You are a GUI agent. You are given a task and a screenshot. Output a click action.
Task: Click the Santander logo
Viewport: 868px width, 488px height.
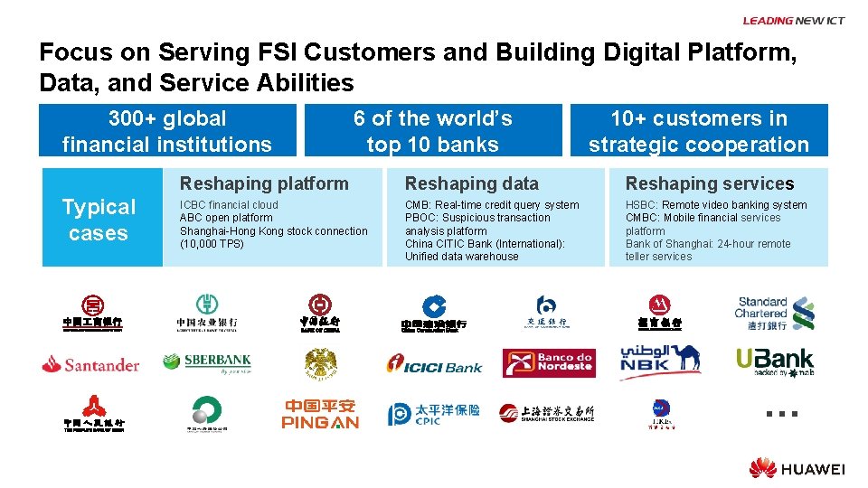pyautogui.click(x=90, y=364)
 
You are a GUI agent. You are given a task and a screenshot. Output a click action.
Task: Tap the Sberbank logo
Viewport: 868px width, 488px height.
pyautogui.click(x=206, y=362)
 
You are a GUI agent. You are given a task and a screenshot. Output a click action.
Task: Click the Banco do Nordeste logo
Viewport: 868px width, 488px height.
pyautogui.click(x=549, y=363)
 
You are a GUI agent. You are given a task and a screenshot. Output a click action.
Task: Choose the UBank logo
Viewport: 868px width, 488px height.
pyautogui.click(x=774, y=362)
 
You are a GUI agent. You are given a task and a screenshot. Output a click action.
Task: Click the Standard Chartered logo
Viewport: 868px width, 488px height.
pyautogui.click(x=774, y=313)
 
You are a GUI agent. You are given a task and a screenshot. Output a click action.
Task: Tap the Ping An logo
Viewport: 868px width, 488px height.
pyautogui.click(x=320, y=414)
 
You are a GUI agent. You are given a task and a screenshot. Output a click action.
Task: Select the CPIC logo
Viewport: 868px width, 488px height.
pyautogui.click(x=434, y=414)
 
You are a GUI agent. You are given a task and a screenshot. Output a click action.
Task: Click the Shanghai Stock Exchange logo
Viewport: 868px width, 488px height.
pyautogui.click(x=547, y=413)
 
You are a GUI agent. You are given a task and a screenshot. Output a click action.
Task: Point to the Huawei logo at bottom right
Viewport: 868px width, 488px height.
pyautogui.click(x=797, y=468)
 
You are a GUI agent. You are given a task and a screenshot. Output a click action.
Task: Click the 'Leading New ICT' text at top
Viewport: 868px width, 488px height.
pyautogui.click(x=793, y=21)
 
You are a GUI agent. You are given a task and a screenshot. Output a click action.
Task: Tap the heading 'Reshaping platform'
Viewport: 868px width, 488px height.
pyautogui.click(x=264, y=183)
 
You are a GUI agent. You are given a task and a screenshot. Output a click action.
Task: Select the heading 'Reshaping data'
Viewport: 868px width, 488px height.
pyautogui.click(x=471, y=183)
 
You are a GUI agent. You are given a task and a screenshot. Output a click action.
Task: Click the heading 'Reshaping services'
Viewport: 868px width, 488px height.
pyautogui.click(x=710, y=183)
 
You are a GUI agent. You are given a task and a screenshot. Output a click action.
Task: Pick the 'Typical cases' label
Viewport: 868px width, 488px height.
pyautogui.click(x=99, y=220)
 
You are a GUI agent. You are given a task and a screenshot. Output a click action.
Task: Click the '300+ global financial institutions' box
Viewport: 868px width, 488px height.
pyautogui.click(x=167, y=131)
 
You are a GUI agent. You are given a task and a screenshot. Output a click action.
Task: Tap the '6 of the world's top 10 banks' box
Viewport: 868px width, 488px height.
pyautogui.click(x=433, y=131)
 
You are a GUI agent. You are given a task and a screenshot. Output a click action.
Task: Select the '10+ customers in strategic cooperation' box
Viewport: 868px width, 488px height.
pyautogui.click(x=699, y=131)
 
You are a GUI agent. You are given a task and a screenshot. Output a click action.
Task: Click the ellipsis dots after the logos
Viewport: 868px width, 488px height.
pyautogui.click(x=780, y=414)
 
